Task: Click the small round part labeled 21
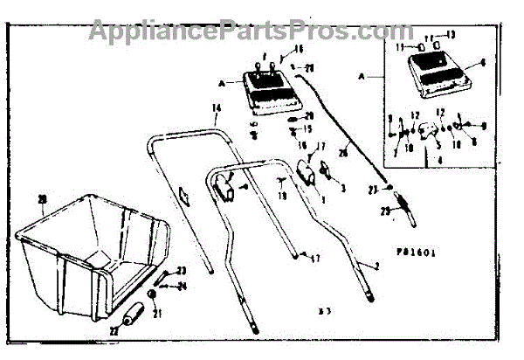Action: click(152, 294)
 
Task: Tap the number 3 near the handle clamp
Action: click(342, 188)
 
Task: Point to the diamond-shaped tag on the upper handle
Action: click(185, 196)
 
